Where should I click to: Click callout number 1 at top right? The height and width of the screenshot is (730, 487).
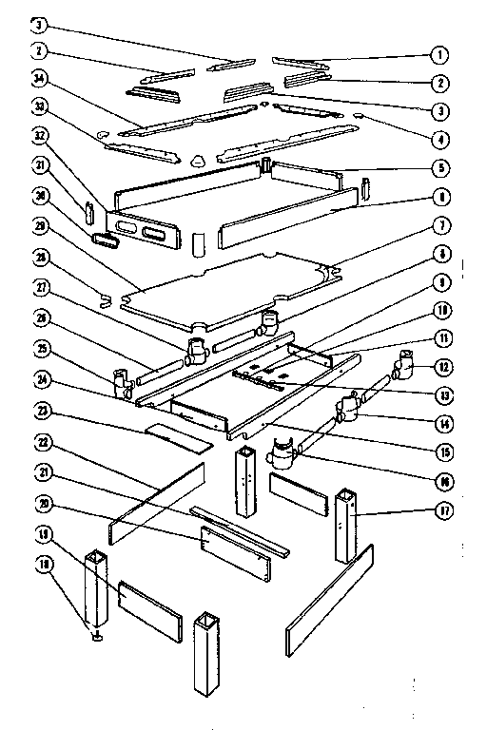[x=439, y=54]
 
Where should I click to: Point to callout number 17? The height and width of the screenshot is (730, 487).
[x=440, y=511]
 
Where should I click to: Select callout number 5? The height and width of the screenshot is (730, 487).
[x=439, y=169]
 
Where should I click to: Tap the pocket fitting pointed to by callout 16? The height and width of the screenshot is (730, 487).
[x=283, y=449]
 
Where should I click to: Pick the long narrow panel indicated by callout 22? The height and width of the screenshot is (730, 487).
[x=157, y=504]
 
